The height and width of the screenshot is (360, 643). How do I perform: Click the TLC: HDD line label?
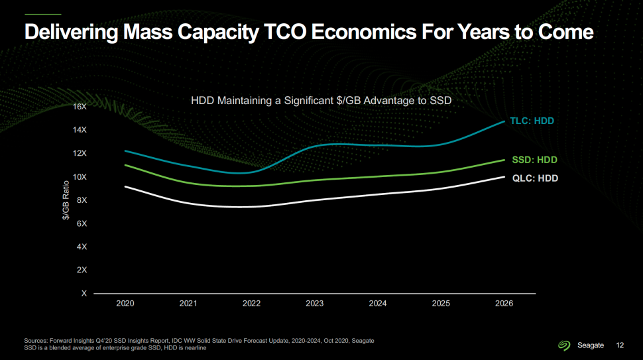click(532, 121)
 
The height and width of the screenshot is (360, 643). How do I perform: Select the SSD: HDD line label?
click(534, 160)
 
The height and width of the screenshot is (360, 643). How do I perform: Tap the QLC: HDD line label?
click(535, 178)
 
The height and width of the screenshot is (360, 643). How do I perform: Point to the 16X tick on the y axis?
click(80, 107)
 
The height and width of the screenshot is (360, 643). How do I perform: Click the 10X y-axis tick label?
click(80, 177)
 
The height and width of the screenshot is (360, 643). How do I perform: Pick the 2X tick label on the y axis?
click(82, 270)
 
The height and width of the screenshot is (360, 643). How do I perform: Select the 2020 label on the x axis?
click(125, 304)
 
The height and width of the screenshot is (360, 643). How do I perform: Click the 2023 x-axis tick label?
click(315, 304)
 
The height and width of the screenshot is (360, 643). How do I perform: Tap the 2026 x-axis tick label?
click(504, 304)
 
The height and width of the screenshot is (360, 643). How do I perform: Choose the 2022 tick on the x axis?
click(251, 304)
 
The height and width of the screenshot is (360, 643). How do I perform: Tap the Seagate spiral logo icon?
click(564, 345)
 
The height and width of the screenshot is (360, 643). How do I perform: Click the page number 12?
click(620, 345)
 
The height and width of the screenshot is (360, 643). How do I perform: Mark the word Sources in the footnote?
click(37, 341)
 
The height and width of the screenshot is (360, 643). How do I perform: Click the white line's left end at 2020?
click(125, 186)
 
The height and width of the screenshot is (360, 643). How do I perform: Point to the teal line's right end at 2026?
click(504, 121)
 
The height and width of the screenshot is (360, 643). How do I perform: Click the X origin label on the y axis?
click(84, 293)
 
